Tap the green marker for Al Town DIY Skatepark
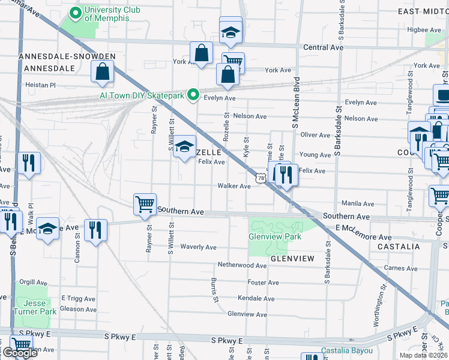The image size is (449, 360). tap(193, 94)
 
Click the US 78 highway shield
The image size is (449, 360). tap(260, 178)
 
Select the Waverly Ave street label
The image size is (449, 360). tap(199, 247)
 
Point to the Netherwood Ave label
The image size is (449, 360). tap(242, 265)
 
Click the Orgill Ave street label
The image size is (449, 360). tap(33, 282)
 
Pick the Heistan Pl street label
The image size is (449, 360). tap(40, 85)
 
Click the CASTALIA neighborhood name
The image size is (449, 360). tap(399, 247)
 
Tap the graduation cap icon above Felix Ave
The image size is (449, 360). tap(185, 147)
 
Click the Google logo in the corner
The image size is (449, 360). tap(19, 353)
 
